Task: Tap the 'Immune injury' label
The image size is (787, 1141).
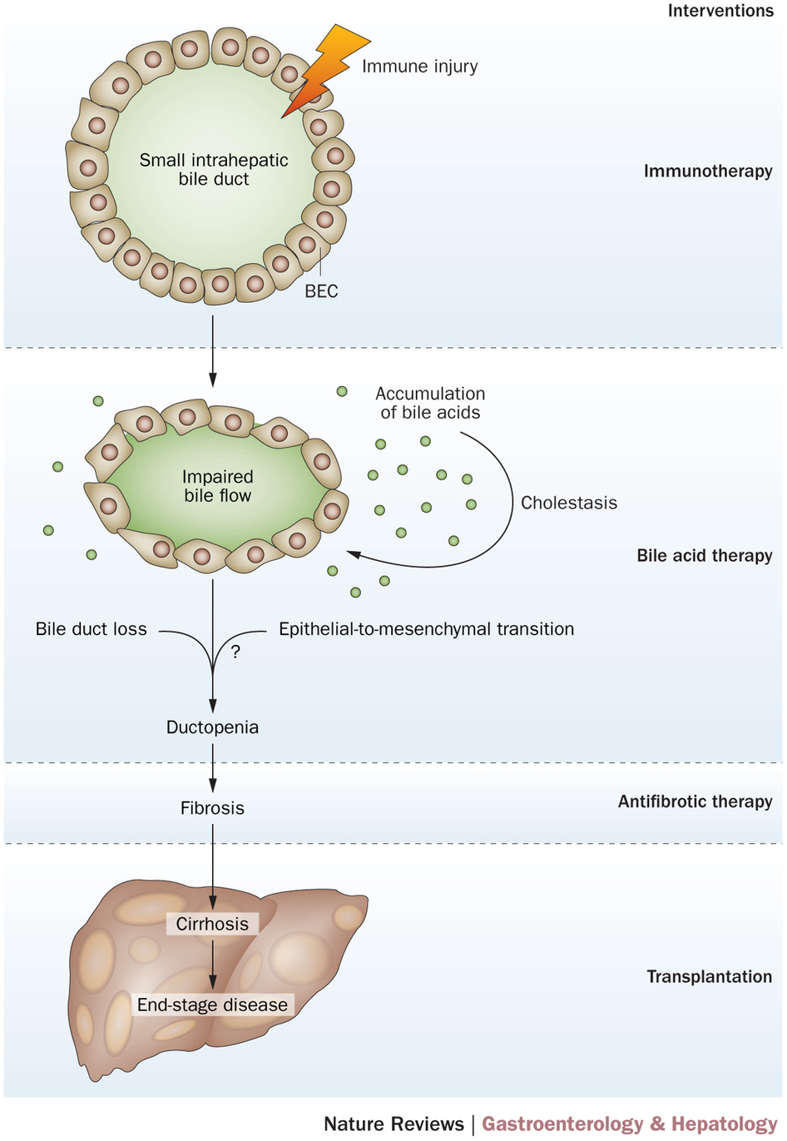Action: click(419, 67)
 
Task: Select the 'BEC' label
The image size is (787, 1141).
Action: click(321, 291)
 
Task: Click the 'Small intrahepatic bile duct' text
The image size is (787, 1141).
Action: click(214, 169)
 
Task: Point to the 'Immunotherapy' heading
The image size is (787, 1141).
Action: click(708, 171)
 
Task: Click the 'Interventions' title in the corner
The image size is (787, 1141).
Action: click(720, 11)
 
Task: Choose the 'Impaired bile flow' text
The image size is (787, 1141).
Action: click(217, 486)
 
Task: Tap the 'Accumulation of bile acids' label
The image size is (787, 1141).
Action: click(430, 403)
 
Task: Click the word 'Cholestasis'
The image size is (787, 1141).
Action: click(569, 503)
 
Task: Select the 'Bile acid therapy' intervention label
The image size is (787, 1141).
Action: click(705, 555)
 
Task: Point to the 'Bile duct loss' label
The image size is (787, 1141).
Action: click(91, 629)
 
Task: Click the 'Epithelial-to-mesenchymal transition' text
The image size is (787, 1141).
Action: click(426, 629)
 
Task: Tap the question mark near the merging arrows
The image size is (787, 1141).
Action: click(235, 652)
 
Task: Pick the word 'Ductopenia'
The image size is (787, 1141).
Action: click(212, 727)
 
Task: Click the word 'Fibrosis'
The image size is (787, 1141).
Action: click(212, 808)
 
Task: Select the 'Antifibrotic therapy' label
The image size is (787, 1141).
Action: click(695, 801)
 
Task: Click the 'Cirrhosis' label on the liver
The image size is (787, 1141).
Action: click(212, 924)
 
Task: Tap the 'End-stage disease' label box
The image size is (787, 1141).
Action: click(212, 1005)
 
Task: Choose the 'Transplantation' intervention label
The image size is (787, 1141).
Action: click(709, 976)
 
